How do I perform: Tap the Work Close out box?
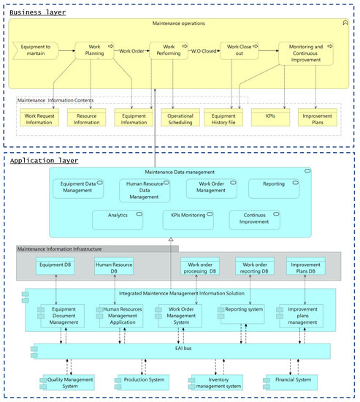click(x=238, y=53)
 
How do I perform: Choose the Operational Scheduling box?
click(x=179, y=118)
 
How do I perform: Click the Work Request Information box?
click(x=42, y=118)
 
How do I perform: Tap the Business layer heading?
click(x=37, y=12)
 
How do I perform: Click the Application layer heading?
click(x=45, y=159)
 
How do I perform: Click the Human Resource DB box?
click(x=114, y=268)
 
